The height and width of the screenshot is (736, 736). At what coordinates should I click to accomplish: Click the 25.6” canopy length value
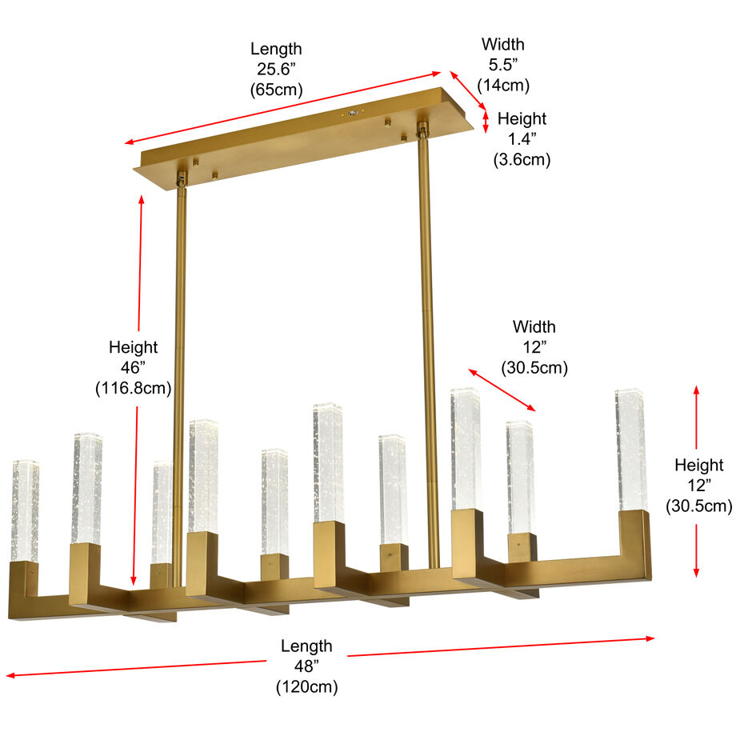276,70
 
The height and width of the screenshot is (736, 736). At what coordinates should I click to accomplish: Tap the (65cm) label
276,90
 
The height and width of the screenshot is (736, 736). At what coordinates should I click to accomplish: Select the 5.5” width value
503,65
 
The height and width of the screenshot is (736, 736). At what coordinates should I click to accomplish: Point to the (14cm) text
503,85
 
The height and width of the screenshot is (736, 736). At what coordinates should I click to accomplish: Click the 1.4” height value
522,139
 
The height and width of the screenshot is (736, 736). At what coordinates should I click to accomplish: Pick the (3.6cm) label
522,159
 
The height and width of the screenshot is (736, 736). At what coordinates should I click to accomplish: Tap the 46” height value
133,368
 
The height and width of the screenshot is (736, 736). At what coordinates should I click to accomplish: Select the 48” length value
306,666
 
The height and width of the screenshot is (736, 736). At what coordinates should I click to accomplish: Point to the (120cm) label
306,686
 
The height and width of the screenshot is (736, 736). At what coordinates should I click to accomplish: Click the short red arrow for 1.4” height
486,121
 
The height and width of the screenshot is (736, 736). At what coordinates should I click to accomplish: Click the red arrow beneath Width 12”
502,390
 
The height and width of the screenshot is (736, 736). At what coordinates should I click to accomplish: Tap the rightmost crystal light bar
630,450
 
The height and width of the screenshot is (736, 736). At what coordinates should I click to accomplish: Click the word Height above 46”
133,347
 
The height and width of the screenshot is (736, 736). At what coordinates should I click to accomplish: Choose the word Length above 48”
306,646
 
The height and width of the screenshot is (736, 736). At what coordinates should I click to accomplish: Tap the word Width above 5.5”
503,45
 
